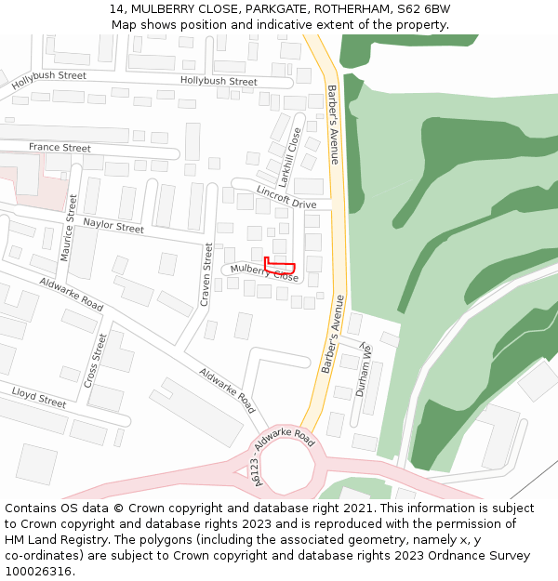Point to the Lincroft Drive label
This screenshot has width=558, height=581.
tap(286, 197)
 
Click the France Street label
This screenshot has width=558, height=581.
tap(60, 148)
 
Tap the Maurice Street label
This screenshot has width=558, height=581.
tap(68, 227)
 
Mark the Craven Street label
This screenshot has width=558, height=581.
tap(206, 275)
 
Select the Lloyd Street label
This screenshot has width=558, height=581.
tap(38, 397)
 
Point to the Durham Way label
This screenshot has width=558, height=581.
tap(363, 369)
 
